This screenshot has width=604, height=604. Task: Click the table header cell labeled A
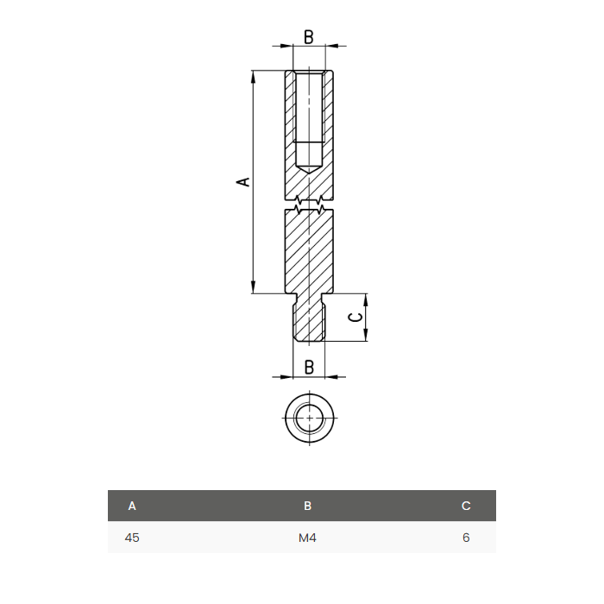(x=132, y=506)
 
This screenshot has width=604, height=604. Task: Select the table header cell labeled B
(x=308, y=506)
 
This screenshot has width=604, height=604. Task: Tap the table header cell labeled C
(x=466, y=506)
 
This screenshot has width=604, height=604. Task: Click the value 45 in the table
(x=132, y=538)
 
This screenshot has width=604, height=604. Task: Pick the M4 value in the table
(x=308, y=538)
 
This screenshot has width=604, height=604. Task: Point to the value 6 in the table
(x=466, y=538)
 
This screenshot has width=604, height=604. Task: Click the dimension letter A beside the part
(x=243, y=182)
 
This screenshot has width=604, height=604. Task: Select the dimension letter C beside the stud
(x=354, y=318)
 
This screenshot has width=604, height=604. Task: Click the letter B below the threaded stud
(x=308, y=367)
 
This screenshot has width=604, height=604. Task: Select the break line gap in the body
(x=309, y=205)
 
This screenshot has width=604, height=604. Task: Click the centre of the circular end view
(x=309, y=418)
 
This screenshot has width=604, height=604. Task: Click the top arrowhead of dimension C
(x=365, y=299)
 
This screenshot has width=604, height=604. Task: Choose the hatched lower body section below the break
(x=309, y=250)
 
